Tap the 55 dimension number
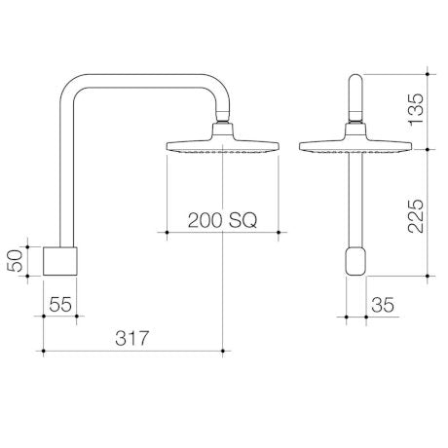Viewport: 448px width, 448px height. pos(61,305)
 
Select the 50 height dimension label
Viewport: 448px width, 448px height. pos(16,260)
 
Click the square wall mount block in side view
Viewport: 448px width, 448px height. pos(61,260)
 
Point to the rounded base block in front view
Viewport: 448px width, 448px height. pos(355,261)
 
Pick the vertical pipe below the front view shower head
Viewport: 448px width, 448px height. pos(355,200)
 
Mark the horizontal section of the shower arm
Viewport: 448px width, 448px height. pos(146,79)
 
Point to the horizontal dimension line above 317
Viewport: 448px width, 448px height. pos(134,349)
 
